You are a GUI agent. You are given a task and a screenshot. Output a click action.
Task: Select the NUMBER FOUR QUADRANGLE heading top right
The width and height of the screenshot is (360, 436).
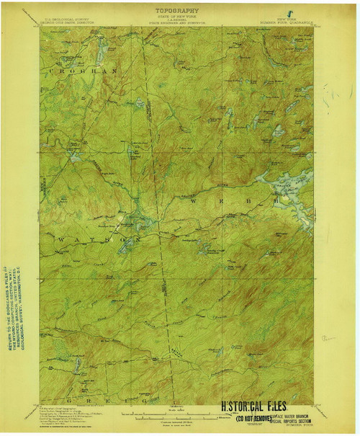(x=288, y=23)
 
